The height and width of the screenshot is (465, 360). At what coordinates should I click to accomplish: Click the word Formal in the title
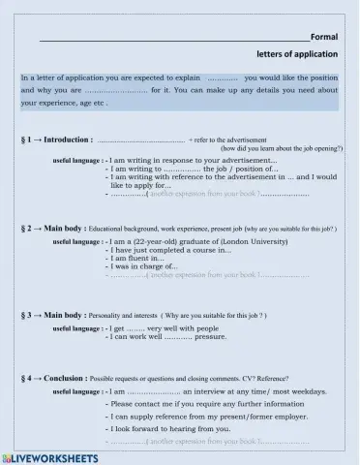click(323, 37)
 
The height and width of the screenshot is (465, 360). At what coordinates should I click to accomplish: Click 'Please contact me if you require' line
click(194, 402)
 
